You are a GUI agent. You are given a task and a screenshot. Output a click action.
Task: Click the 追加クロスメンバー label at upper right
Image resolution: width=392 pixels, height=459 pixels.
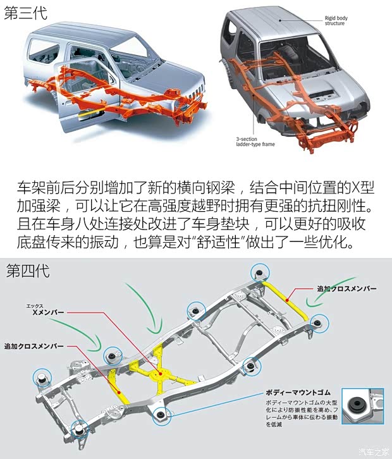[346, 288]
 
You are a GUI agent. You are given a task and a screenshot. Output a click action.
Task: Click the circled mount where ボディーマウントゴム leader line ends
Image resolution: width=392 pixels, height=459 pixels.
[161, 415]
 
